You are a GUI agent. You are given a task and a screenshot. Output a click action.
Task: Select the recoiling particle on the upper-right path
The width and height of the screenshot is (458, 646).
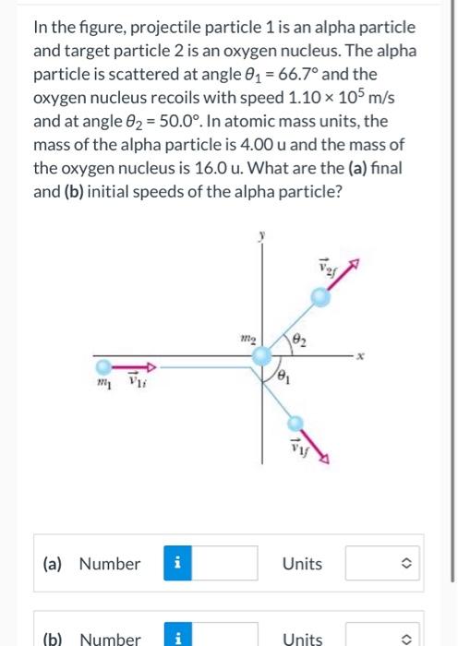(319, 297)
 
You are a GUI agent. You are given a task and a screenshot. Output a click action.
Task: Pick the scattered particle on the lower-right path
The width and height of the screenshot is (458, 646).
(295, 424)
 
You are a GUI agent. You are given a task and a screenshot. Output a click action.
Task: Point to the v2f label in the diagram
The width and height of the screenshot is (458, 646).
(339, 267)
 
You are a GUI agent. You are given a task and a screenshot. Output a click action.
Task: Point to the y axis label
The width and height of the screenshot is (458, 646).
(261, 236)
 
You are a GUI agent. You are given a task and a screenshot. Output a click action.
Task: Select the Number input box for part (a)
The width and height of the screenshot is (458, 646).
(226, 563)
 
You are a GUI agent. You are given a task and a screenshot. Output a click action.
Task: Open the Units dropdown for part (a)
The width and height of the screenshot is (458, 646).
(384, 563)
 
